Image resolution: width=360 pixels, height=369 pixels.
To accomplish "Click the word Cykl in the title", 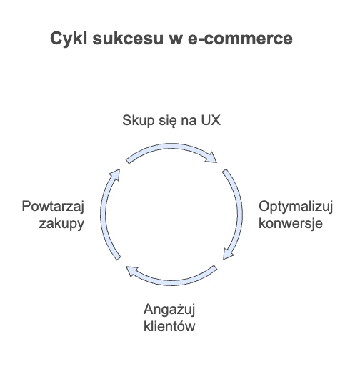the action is pyautogui.click(x=69, y=39).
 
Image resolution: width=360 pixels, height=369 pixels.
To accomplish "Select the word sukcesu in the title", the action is pyautogui.click(x=128, y=39).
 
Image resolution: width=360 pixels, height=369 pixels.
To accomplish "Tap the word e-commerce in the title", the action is pyautogui.click(x=240, y=39).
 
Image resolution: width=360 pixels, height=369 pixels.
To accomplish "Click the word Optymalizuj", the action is pyautogui.click(x=296, y=207).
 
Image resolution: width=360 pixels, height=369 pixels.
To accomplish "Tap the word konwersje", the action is pyautogui.click(x=291, y=224).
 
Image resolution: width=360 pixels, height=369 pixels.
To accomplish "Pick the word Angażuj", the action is pyautogui.click(x=169, y=310).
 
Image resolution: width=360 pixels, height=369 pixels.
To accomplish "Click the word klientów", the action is pyautogui.click(x=169, y=326).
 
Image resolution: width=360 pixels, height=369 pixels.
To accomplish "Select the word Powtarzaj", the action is pyautogui.click(x=53, y=207).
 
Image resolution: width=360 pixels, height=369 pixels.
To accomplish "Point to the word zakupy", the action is pyautogui.click(x=61, y=225).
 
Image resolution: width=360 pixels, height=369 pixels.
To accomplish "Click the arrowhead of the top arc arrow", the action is pyautogui.click(x=211, y=157).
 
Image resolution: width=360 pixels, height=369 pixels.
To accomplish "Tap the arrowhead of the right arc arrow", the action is pyautogui.click(x=228, y=254).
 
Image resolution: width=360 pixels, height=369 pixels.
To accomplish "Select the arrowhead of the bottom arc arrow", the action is pyautogui.click(x=132, y=272).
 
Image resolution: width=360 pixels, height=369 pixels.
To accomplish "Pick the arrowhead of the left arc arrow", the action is pyautogui.click(x=114, y=175).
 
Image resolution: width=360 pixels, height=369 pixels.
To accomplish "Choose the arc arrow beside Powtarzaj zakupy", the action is pyautogui.click(x=104, y=215).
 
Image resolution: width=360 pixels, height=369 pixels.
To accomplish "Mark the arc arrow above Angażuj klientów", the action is pyautogui.click(x=171, y=282).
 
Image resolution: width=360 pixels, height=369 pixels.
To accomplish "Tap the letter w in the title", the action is pyautogui.click(x=176, y=39).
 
